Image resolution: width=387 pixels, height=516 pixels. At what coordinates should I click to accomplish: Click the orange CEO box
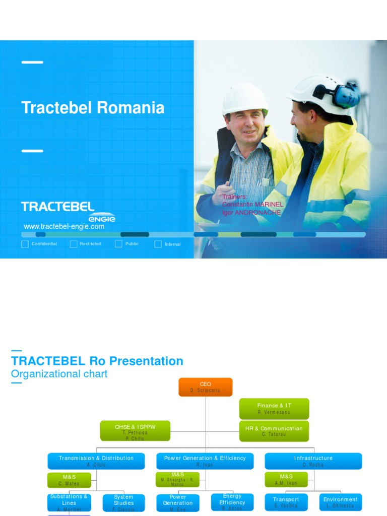pyautogui.click(x=205, y=387)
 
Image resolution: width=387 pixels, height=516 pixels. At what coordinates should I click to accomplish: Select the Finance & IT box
pyautogui.click(x=274, y=409)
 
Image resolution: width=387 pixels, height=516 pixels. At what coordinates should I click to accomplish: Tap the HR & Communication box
pyautogui.click(x=274, y=431)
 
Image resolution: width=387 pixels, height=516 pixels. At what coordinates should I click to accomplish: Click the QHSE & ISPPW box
pyautogui.click(x=135, y=431)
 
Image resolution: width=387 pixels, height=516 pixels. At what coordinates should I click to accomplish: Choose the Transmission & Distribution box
pyautogui.click(x=96, y=461)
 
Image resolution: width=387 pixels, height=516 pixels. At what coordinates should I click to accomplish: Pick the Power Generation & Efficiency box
pyautogui.click(x=205, y=461)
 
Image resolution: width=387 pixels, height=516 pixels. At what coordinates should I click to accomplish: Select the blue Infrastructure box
pyautogui.click(x=313, y=461)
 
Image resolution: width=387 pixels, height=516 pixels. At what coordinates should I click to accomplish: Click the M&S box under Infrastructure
pyautogui.click(x=286, y=480)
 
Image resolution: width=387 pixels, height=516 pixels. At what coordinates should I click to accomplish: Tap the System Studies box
pyautogui.click(x=123, y=502)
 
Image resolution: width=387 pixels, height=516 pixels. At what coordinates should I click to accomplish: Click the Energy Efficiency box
pyautogui.click(x=232, y=502)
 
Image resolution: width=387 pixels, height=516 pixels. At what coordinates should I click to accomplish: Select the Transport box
pyautogui.click(x=286, y=502)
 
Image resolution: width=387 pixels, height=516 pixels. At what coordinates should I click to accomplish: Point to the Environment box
pyautogui.click(x=341, y=502)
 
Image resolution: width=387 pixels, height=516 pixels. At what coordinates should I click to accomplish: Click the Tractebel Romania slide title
pyautogui.click(x=93, y=107)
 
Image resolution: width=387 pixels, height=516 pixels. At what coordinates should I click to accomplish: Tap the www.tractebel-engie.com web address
pyautogui.click(x=64, y=227)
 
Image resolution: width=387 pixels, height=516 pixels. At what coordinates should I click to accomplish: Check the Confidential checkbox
pyautogui.click(x=25, y=244)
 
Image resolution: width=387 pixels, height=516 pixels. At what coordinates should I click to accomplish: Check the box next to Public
pyautogui.click(x=118, y=244)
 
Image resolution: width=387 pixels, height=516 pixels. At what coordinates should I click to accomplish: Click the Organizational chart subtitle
pyautogui.click(x=59, y=374)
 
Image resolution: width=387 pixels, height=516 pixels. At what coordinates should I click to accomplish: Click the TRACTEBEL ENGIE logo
pyautogui.click(x=68, y=211)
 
